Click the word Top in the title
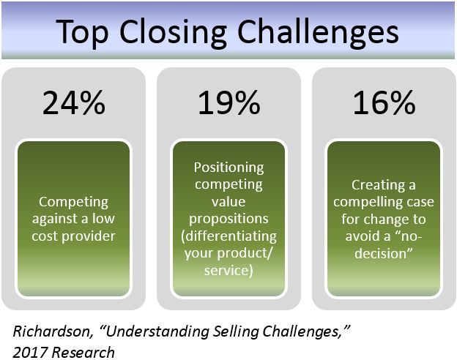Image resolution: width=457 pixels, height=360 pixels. (x=82, y=33)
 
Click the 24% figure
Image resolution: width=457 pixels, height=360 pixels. (x=74, y=104)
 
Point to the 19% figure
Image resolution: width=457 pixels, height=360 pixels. (x=228, y=104)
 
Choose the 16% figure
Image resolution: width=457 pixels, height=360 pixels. (x=383, y=104)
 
